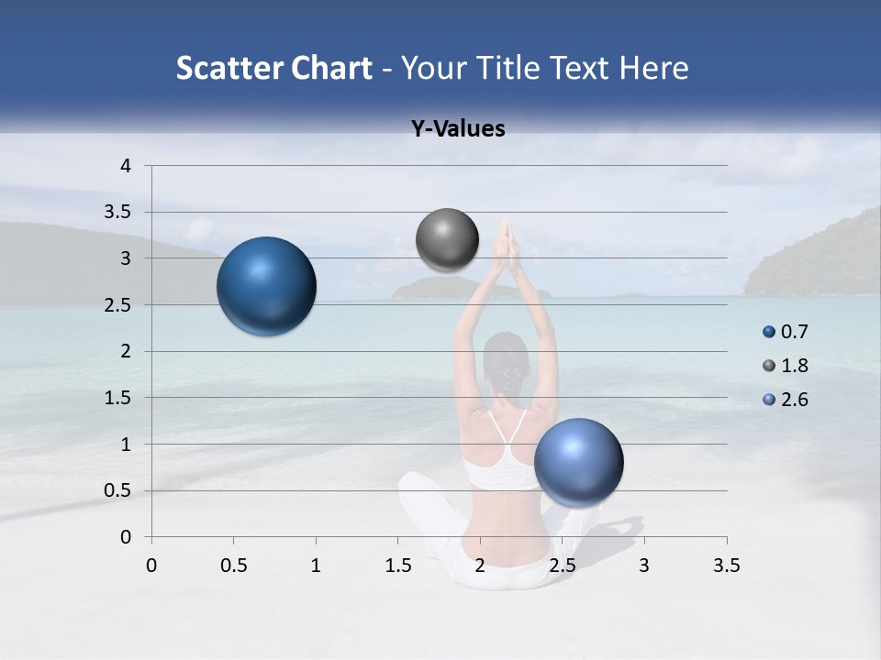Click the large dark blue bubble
coord(266,286)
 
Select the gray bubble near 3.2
coord(447,240)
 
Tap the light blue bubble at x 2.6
coord(578,462)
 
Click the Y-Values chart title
coord(458,129)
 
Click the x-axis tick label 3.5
coord(726,566)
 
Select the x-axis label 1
coord(316,566)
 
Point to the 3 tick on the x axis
coord(644,566)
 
